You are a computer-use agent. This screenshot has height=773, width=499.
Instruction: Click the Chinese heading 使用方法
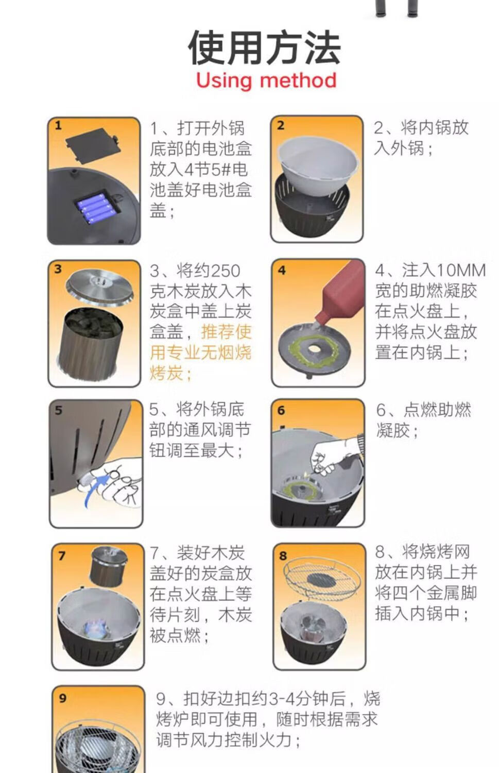(x=265, y=48)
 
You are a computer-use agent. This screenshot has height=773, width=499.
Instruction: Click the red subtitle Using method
(x=266, y=81)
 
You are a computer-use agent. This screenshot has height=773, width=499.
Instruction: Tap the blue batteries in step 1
(x=95, y=208)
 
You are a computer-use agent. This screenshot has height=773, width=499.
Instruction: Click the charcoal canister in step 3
(x=91, y=342)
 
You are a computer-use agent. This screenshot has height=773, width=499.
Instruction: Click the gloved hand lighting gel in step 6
(x=336, y=456)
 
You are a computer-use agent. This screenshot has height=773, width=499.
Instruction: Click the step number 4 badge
(x=282, y=270)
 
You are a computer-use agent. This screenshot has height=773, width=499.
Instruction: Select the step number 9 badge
(x=62, y=698)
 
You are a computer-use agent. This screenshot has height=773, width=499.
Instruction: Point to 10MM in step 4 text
(x=461, y=271)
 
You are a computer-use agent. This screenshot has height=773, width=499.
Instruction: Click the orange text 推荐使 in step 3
(x=226, y=332)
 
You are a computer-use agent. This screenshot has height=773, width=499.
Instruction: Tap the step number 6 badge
(x=281, y=410)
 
